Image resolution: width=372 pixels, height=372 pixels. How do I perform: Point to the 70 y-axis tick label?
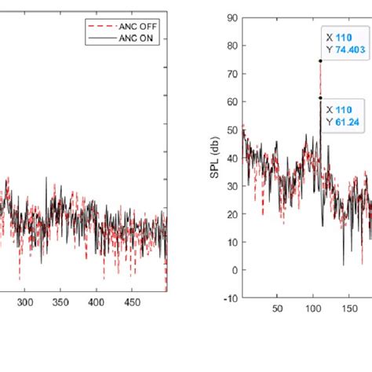(x=234, y=75)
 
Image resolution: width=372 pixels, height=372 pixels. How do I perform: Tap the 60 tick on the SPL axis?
(x=234, y=102)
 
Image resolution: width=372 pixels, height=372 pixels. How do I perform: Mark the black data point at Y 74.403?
(x=320, y=60)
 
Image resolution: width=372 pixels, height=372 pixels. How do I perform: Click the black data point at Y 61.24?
(x=320, y=98)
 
